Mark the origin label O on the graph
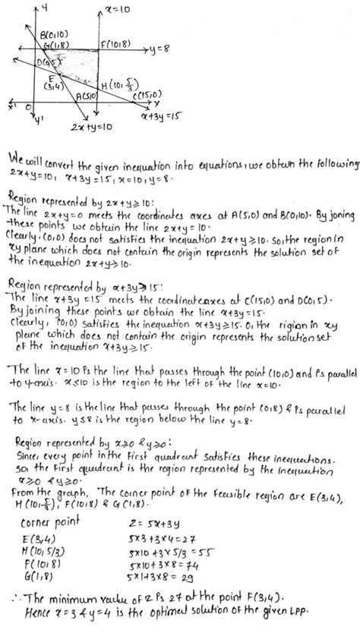pos(27,107)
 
